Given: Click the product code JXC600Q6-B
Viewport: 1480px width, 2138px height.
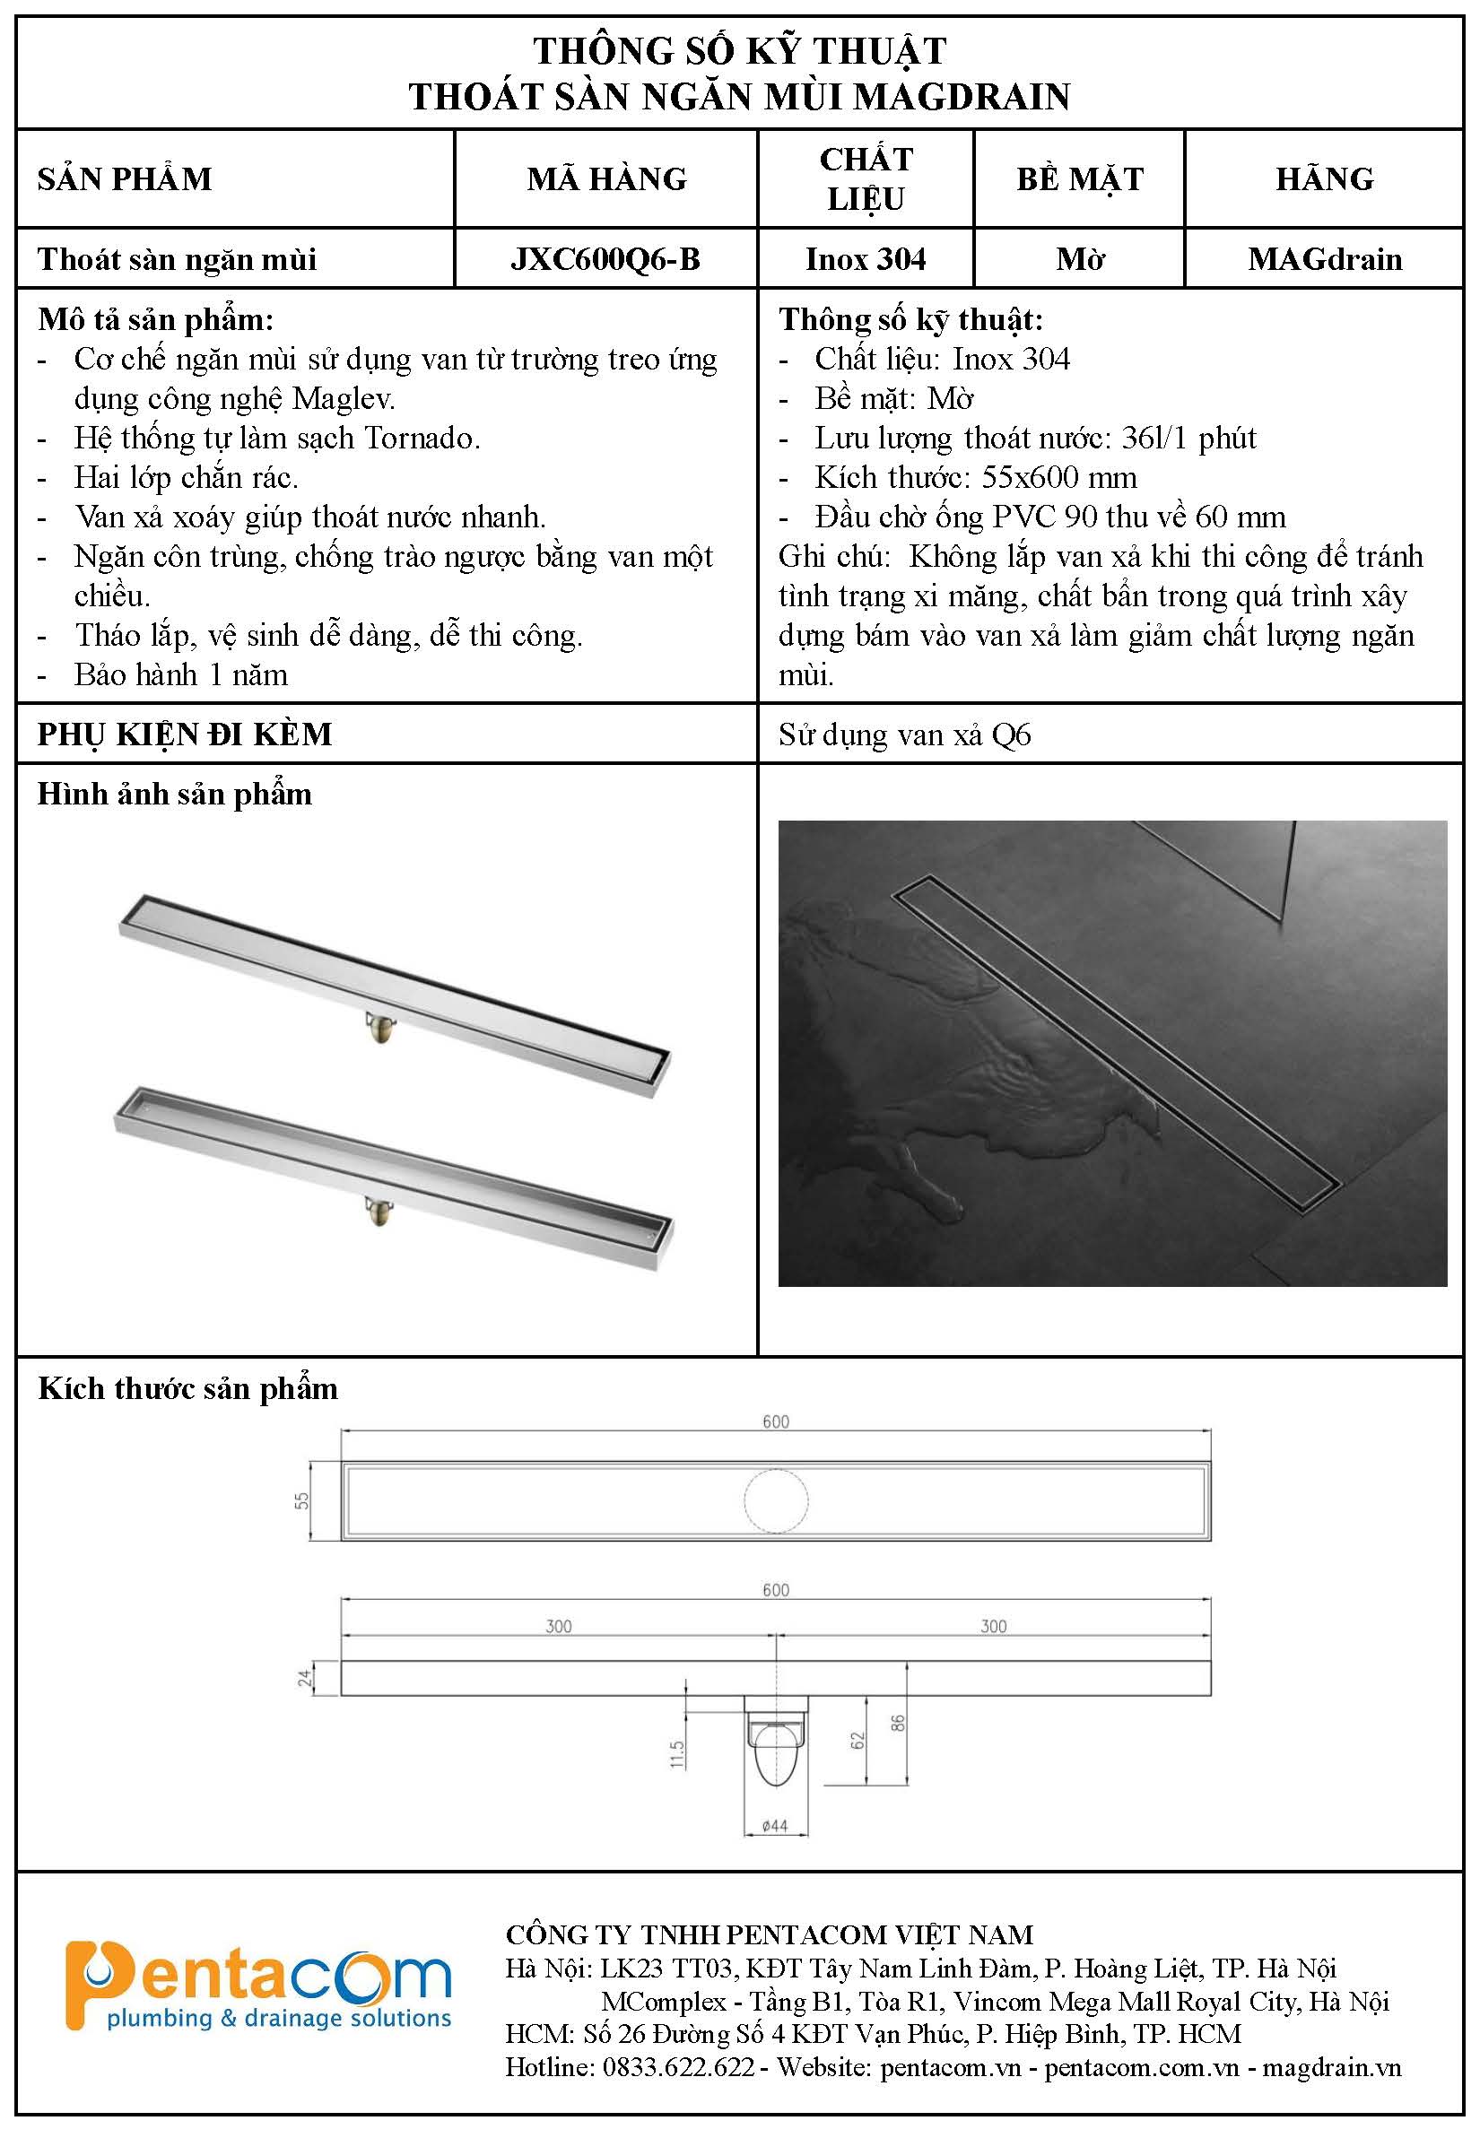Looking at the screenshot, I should [605, 258].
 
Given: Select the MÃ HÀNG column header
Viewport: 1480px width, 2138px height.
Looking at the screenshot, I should [606, 179].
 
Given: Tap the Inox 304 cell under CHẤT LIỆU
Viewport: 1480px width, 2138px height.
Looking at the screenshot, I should [866, 258].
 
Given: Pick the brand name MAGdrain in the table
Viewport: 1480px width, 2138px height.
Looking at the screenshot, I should [1324, 258].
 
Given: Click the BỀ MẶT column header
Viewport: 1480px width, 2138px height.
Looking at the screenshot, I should [1079, 179].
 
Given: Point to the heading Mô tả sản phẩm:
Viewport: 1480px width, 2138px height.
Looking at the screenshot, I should [156, 320].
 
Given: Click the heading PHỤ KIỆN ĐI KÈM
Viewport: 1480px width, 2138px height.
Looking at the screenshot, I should [185, 734].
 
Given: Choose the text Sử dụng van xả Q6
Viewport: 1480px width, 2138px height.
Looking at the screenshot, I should [904, 735].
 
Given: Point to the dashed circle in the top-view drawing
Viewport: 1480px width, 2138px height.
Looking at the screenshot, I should [775, 1500].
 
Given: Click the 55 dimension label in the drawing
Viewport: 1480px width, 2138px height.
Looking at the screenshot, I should [302, 1500].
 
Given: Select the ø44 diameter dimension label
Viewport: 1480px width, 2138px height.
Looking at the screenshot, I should [774, 1826].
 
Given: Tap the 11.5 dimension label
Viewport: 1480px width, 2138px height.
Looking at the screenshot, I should [677, 1754].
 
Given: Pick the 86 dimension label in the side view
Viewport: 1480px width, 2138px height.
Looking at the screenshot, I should [897, 1723].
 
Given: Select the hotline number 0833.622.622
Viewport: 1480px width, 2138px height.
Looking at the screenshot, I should [678, 2067].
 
